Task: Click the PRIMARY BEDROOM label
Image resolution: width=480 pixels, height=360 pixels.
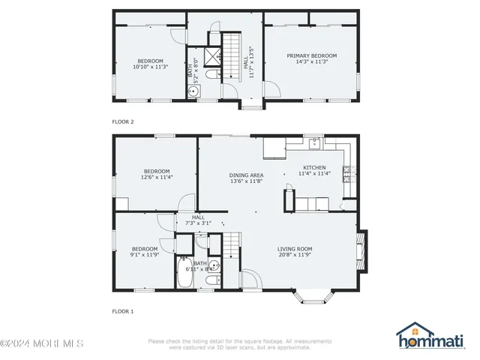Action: tap(311, 55)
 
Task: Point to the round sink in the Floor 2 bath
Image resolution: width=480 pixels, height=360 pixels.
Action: tap(193, 91)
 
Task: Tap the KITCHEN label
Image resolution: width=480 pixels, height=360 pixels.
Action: tap(314, 167)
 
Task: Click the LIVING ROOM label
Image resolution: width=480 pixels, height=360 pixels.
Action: tap(295, 249)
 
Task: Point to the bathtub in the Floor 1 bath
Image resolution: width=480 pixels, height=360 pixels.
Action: tap(184, 273)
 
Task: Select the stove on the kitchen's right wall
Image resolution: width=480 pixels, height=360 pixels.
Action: tap(347, 174)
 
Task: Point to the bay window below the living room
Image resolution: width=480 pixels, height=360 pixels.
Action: tap(310, 298)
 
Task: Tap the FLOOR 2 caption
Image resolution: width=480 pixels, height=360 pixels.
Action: tap(123, 121)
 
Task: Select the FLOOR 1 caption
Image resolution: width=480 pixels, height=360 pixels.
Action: tap(123, 310)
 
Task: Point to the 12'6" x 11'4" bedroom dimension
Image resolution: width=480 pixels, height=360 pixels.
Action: tap(157, 177)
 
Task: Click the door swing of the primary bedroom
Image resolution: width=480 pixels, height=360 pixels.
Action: tap(272, 88)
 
